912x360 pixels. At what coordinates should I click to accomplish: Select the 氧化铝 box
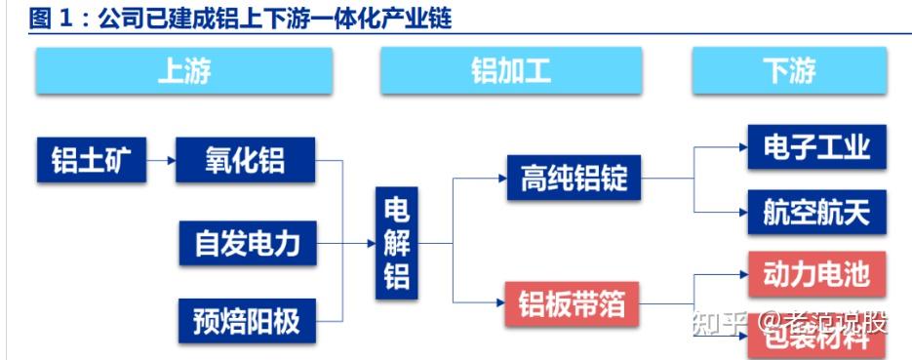(246, 160)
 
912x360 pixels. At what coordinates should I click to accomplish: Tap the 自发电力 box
(248, 242)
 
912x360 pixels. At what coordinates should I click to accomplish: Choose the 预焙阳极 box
(248, 320)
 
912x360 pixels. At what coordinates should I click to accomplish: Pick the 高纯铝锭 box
(574, 179)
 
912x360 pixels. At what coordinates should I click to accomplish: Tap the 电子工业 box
(816, 148)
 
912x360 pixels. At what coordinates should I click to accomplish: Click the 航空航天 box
(816, 212)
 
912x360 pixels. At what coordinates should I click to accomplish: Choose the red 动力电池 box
(816, 274)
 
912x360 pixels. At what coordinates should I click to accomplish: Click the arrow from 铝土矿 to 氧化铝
(161, 160)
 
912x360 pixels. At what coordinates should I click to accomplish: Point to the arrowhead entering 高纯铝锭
(499, 179)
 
